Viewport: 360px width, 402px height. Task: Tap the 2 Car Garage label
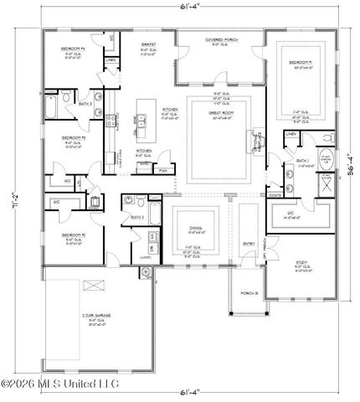click(93, 316)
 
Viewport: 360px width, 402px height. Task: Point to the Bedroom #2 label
click(72, 235)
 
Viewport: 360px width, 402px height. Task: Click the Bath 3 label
click(85, 104)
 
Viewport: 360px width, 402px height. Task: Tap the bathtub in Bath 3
click(52, 108)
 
